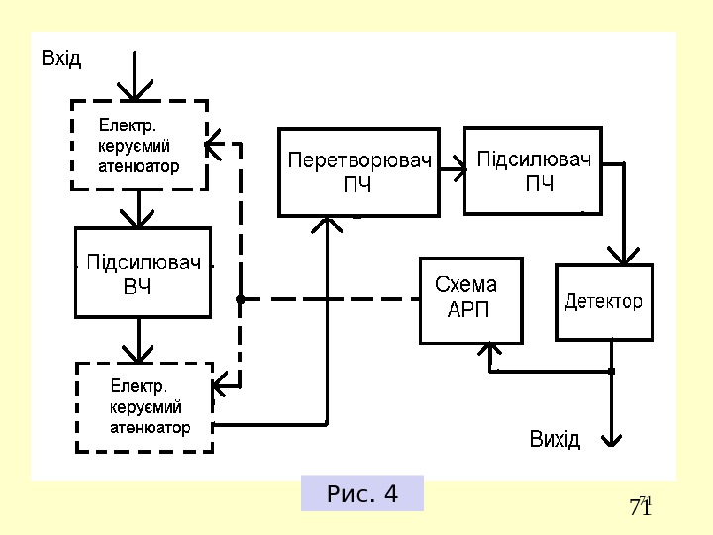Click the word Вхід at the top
pyautogui.click(x=61, y=58)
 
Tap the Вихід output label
pyautogui.click(x=555, y=439)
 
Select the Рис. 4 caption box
pyautogui.click(x=362, y=493)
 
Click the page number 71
pyautogui.click(x=641, y=508)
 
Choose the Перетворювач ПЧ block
pyautogui.click(x=358, y=170)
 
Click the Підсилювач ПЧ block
pyautogui.click(x=533, y=169)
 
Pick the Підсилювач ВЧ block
pyautogui.click(x=144, y=272)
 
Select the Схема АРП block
pyautogui.click(x=470, y=299)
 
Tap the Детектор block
pyautogui.click(x=604, y=302)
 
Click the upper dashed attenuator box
pyautogui.click(x=140, y=145)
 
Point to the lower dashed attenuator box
pyautogui.click(x=145, y=407)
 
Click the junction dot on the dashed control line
pyautogui.click(x=240, y=298)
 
